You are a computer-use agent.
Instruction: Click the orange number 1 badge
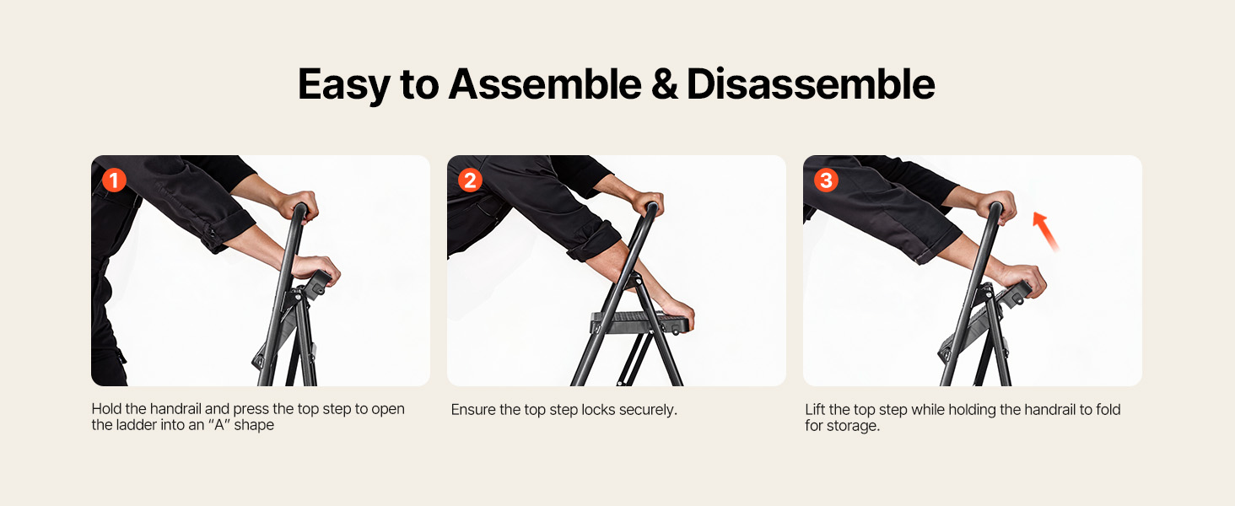click(114, 180)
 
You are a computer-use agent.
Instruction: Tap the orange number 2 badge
click(470, 180)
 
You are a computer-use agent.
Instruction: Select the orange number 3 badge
click(826, 180)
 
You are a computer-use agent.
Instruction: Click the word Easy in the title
click(343, 85)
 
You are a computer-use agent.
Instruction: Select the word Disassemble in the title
click(811, 84)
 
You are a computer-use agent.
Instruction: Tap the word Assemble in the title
click(545, 84)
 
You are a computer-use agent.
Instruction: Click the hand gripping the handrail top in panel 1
click(298, 205)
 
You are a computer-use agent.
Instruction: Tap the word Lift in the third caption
click(814, 410)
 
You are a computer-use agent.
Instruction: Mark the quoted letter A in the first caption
click(218, 425)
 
